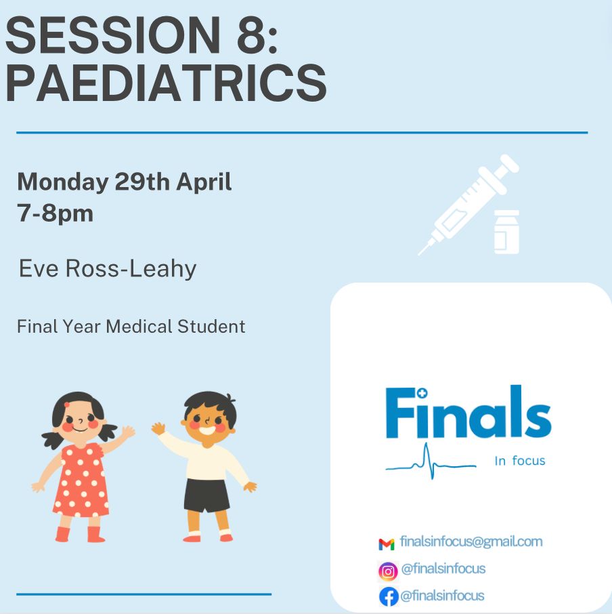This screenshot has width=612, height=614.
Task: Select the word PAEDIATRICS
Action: coord(166,83)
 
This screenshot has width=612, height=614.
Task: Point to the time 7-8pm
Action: coord(55,213)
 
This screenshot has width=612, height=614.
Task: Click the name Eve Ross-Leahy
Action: coord(108,269)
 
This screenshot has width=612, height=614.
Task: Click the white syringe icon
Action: coord(468,205)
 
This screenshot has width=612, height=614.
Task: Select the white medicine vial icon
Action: coord(507,232)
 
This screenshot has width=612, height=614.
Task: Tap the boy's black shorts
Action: coord(206,495)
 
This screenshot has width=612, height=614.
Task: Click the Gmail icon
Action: coord(387,544)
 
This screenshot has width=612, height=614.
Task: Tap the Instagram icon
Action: coord(388,571)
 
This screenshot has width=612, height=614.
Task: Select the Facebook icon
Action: coord(389,596)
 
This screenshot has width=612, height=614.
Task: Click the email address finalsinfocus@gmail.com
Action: coord(471,541)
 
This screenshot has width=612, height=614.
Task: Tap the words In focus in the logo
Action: coord(520,461)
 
